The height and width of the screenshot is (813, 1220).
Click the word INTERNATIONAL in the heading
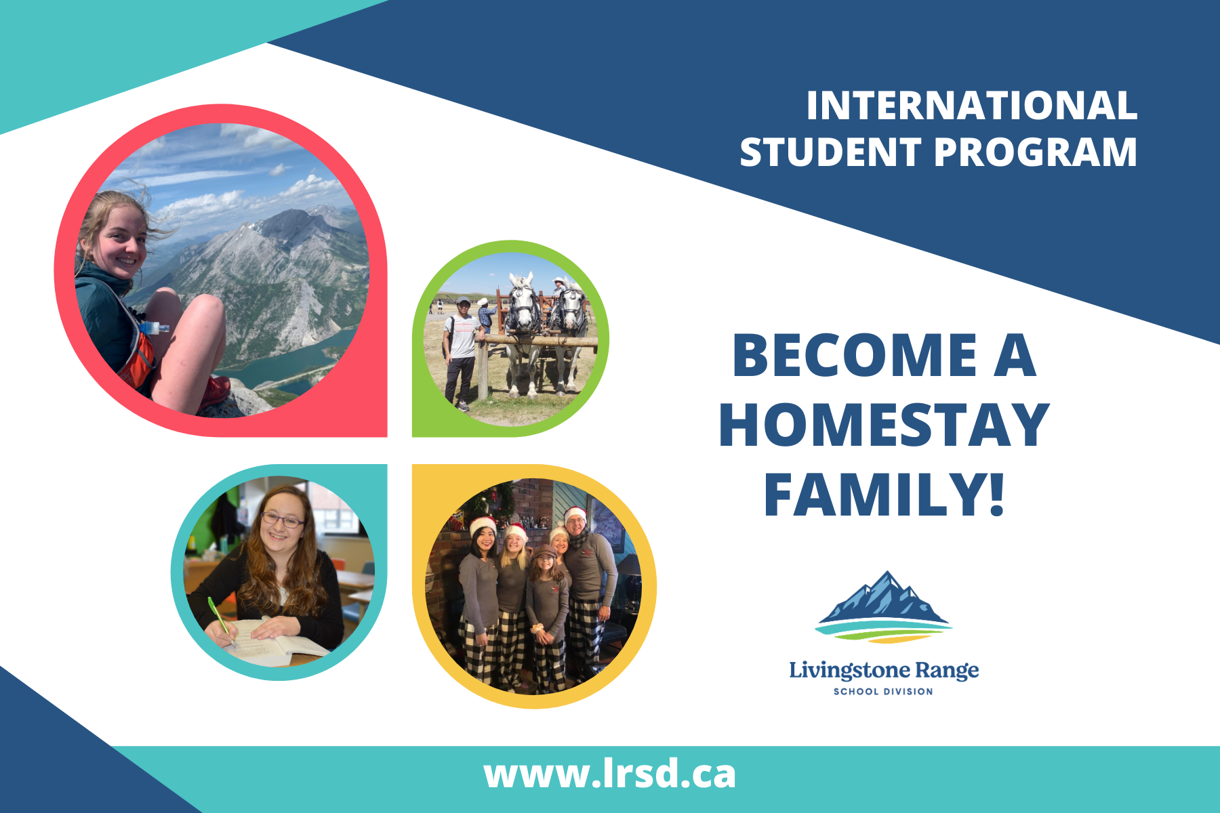(972, 106)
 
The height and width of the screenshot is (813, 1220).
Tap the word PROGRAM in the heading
(1036, 152)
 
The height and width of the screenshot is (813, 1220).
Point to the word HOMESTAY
(884, 425)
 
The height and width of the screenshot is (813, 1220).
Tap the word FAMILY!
(884, 495)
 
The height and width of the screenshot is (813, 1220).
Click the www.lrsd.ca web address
(609, 774)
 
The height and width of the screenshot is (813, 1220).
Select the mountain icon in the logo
(883, 606)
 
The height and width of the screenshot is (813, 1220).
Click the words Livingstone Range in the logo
(884, 670)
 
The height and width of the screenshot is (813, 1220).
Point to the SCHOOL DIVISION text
(883, 692)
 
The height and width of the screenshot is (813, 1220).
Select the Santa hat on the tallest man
(575, 516)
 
